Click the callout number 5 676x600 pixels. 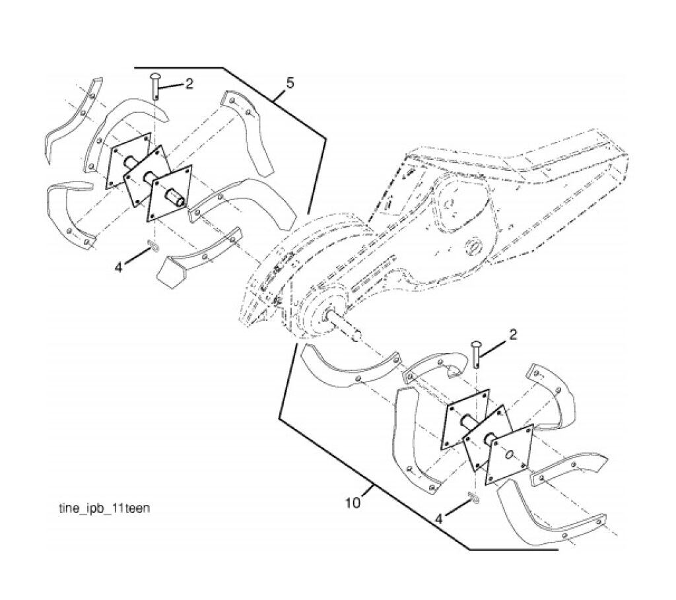(290, 83)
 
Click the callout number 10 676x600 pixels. (353, 503)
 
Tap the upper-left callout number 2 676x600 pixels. (189, 84)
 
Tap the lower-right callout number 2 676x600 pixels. (513, 335)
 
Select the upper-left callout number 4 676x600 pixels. (119, 268)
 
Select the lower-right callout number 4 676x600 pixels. (439, 519)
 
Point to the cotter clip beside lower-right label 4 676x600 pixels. (473, 498)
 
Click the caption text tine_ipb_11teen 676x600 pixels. (104, 508)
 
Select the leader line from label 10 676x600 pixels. (367, 491)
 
